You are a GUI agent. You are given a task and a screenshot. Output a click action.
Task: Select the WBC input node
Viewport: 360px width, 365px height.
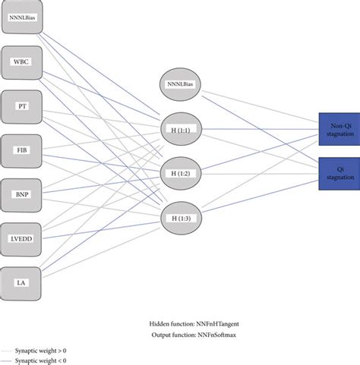click(x=22, y=63)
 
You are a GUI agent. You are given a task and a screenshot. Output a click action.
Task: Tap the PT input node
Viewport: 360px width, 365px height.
click(x=22, y=106)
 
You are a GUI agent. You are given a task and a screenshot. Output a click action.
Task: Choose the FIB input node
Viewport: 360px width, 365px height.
click(x=22, y=150)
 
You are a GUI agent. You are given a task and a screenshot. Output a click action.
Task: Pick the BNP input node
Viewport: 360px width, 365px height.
click(x=22, y=194)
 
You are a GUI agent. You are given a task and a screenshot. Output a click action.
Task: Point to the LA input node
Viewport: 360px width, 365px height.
click(x=22, y=282)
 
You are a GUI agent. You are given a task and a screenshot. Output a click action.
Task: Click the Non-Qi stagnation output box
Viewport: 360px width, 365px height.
click(x=339, y=128)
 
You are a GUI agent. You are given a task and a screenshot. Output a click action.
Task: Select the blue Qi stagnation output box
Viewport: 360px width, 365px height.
click(x=339, y=172)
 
